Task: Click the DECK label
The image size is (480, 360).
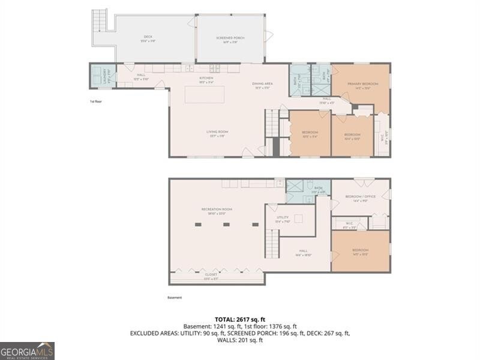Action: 148,37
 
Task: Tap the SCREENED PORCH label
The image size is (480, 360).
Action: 230,38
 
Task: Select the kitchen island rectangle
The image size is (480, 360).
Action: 205,94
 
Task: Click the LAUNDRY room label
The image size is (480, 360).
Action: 97,76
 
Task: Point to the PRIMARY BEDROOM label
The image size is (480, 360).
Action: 362,84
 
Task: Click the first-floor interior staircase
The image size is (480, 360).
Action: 273,122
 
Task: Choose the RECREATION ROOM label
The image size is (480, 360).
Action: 217,209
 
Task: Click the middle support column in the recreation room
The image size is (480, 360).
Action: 226,224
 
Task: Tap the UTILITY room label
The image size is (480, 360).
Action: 283,218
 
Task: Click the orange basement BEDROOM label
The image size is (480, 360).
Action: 360,250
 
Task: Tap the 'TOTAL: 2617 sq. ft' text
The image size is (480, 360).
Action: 240,319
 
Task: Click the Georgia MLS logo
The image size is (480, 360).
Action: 27,350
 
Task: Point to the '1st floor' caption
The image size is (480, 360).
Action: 97,102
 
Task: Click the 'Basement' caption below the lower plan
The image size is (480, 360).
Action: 175,298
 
